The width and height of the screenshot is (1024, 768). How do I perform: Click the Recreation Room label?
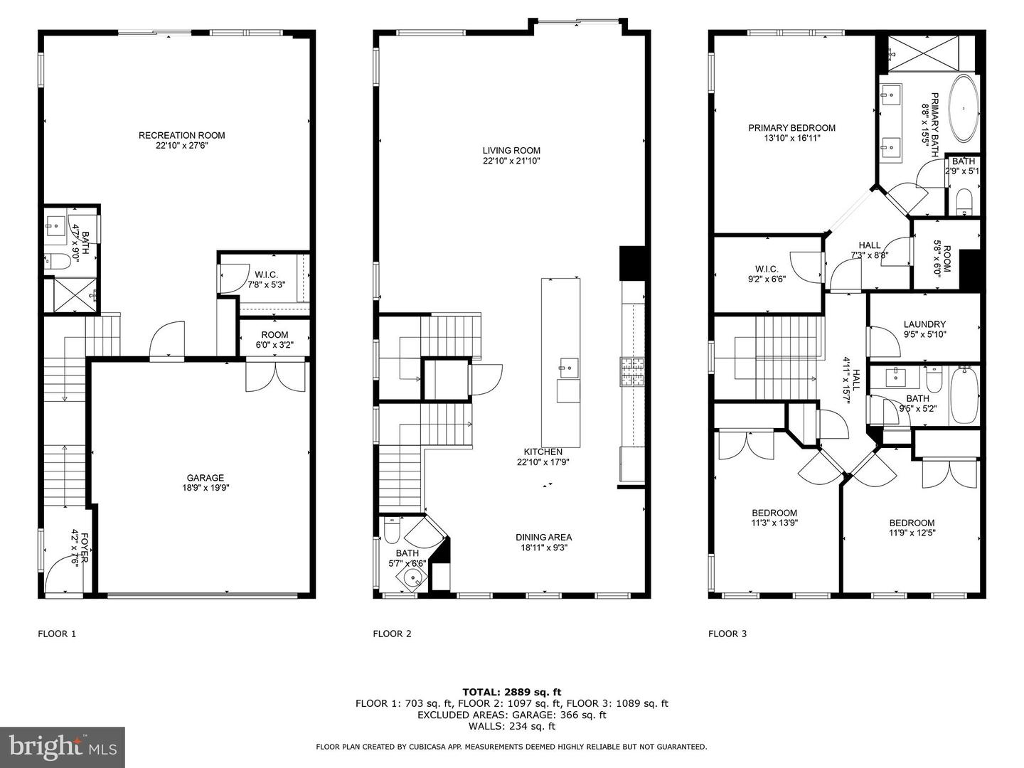[x=182, y=135]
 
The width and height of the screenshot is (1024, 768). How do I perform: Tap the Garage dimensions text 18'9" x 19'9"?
[x=205, y=489]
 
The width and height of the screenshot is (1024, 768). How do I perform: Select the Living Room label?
[x=511, y=150]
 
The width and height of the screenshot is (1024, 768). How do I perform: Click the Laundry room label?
[x=924, y=324]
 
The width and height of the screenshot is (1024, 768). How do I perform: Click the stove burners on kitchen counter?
[x=632, y=373]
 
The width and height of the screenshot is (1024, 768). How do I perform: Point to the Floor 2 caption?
[x=392, y=634]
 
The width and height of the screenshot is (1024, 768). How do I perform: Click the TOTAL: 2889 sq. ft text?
[x=512, y=691]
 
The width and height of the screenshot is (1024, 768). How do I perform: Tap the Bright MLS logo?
[x=63, y=747]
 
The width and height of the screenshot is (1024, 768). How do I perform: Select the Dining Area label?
[x=544, y=537]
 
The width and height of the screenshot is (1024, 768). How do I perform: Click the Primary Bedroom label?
[x=791, y=128]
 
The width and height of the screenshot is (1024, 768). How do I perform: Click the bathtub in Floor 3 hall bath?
[x=964, y=395]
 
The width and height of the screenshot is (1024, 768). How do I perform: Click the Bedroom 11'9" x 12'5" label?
[x=912, y=523]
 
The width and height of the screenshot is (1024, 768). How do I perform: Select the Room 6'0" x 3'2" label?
[x=274, y=335]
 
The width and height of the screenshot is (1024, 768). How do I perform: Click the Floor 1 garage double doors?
[x=276, y=377]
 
